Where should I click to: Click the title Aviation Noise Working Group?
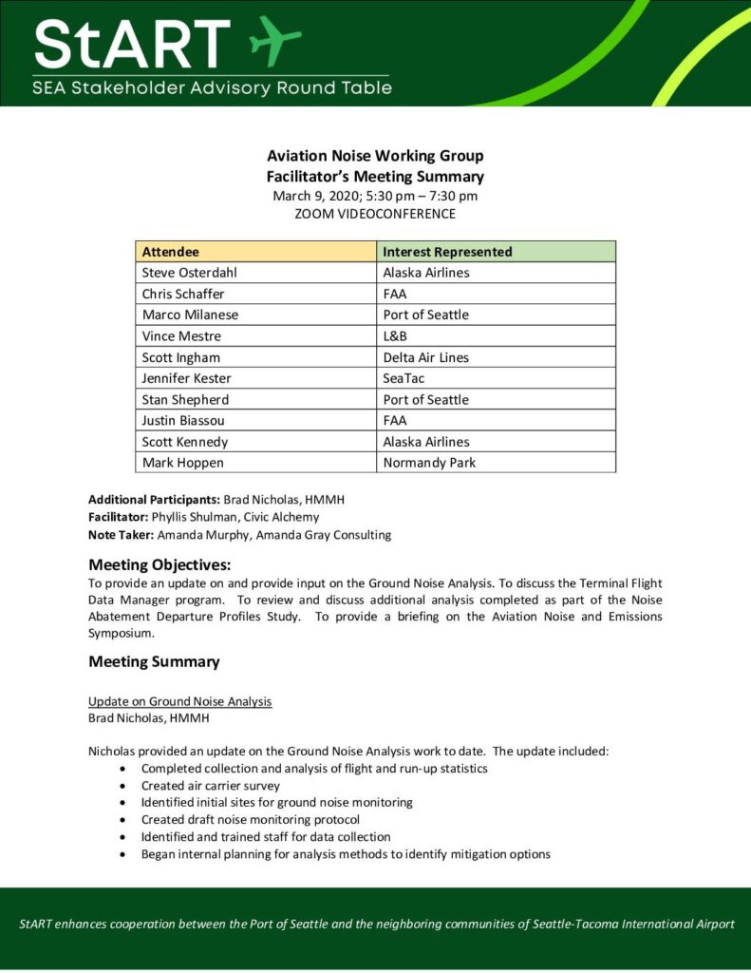[375, 156]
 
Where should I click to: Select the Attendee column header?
[171, 252]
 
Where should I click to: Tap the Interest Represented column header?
[447, 252]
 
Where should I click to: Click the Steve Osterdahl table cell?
[189, 273]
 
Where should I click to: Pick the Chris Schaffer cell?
[183, 294]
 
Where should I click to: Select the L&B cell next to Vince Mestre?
[397, 335]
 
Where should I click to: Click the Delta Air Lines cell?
[425, 357]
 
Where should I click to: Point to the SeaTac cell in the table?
[404, 378]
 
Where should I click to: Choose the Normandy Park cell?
[429, 463]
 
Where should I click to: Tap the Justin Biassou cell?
[184, 421]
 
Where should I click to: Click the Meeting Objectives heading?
[160, 564]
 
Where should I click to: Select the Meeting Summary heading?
[154, 661]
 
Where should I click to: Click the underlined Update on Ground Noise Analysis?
[180, 701]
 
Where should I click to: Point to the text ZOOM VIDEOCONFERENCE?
[375, 214]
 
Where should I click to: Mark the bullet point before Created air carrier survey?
[124, 786]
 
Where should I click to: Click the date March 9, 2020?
[314, 196]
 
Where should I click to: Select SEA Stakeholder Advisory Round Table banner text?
[212, 88]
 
